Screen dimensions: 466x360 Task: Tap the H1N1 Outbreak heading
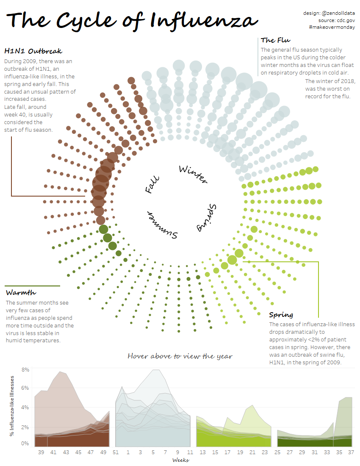click(x=33, y=51)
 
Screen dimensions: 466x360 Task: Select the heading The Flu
click(x=275, y=40)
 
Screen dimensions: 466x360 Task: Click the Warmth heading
click(x=21, y=293)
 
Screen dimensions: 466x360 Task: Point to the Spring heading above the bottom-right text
click(x=281, y=315)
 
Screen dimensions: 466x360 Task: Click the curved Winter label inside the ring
click(x=193, y=174)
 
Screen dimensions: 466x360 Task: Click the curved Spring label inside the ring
click(x=207, y=217)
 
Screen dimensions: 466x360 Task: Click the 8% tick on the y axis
click(x=25, y=369)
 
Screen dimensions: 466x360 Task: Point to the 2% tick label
click(x=25, y=427)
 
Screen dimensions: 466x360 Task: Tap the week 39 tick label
click(x=41, y=452)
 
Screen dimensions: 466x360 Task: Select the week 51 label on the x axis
click(x=116, y=452)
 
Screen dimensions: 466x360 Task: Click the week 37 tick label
click(x=351, y=452)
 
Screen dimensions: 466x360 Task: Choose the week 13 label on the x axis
click(x=203, y=452)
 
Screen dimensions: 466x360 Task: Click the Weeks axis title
click(x=180, y=460)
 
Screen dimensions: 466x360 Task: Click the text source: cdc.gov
click(x=336, y=20)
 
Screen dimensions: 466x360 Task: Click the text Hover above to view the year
click(x=180, y=356)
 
